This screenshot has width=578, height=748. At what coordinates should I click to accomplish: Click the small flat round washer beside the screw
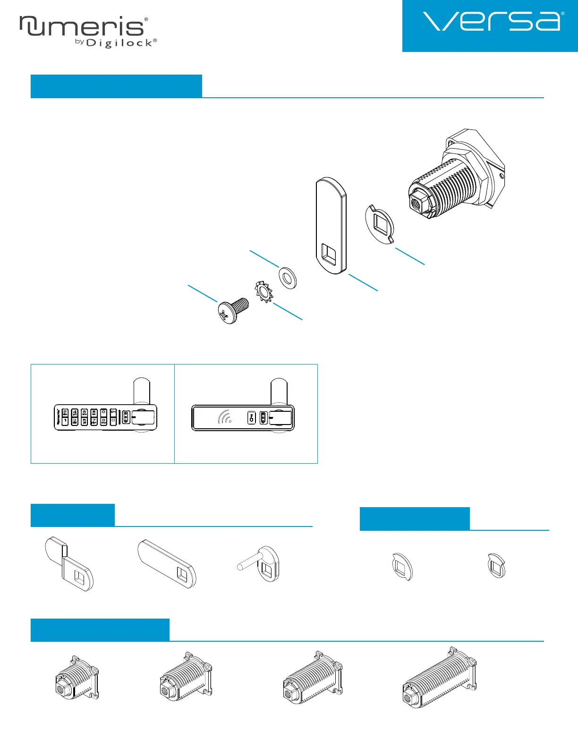coord(287,277)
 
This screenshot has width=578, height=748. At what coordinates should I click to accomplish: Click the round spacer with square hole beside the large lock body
coord(380,224)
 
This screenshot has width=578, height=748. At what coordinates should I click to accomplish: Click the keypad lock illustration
coord(105,417)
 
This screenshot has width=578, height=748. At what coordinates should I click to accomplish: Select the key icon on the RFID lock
coord(252,417)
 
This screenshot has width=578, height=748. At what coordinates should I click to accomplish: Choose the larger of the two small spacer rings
coord(403,566)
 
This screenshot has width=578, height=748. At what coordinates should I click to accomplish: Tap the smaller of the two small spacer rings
coord(496,566)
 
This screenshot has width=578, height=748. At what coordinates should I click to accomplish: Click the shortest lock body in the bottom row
coord(77,678)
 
